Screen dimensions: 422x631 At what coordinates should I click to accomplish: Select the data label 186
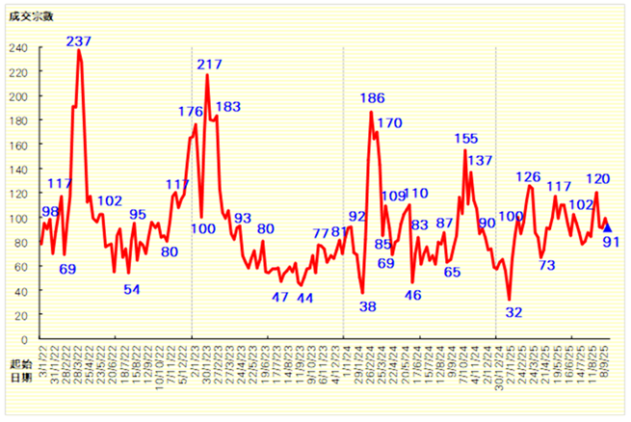click(372, 98)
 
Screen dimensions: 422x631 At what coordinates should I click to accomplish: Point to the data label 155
click(466, 138)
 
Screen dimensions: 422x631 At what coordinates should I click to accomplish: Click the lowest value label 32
click(513, 311)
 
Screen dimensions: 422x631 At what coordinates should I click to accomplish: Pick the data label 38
click(367, 306)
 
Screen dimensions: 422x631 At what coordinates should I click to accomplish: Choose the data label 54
click(132, 289)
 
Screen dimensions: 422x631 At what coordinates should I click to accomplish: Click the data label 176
click(191, 112)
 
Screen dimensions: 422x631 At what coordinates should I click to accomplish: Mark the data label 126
click(528, 176)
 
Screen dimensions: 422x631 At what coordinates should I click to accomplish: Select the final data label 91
click(611, 242)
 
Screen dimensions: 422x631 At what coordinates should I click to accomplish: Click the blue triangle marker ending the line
click(607, 227)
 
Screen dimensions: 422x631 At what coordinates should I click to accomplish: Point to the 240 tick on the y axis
click(19, 47)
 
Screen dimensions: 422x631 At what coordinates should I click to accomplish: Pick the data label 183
click(228, 107)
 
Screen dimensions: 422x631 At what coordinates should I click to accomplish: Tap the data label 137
click(480, 160)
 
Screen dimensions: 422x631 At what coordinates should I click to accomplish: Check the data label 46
click(412, 296)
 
